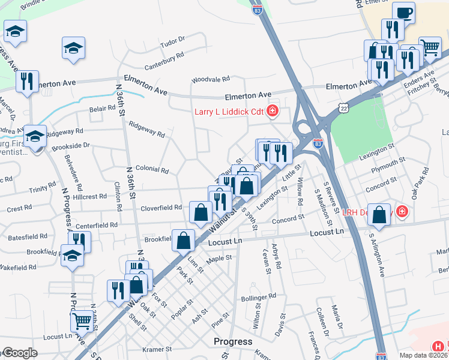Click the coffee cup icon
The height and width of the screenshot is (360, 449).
point(403,13)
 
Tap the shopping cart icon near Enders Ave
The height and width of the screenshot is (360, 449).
point(430,47)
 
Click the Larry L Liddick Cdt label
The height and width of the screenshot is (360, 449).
point(228,112)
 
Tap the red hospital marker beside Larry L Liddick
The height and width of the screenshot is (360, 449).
point(273,111)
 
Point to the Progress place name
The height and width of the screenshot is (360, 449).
point(233,341)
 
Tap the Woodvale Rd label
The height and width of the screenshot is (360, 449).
point(211,79)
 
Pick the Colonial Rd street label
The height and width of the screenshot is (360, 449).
point(152,170)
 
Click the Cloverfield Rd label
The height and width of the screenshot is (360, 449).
point(161,208)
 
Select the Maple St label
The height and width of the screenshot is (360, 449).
point(219,259)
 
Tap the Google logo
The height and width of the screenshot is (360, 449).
point(19,353)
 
